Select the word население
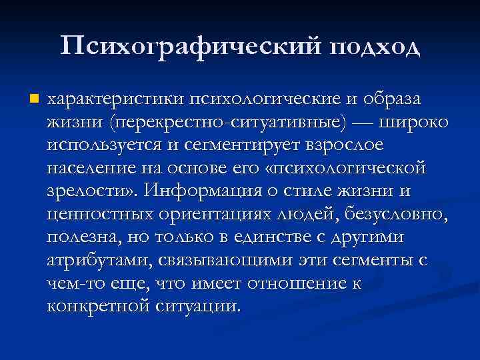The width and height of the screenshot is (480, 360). pyautogui.click(x=94, y=168)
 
